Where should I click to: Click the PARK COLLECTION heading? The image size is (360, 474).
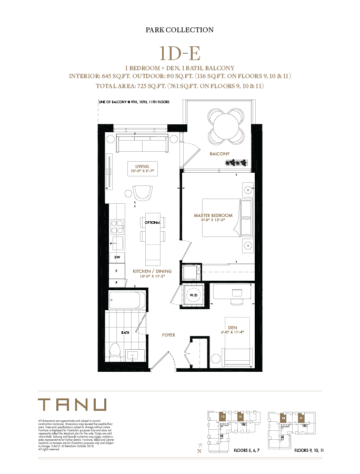tap(179, 30)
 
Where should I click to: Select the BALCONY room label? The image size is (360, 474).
tap(221, 154)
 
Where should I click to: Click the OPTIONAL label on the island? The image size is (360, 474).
tap(153, 222)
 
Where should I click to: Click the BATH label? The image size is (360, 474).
tap(125, 333)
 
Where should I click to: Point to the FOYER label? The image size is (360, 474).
tap(168, 335)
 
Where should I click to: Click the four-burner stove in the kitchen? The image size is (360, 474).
tap(117, 226)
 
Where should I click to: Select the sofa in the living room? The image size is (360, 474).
tap(143, 144)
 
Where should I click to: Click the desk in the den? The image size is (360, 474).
tap(232, 292)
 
